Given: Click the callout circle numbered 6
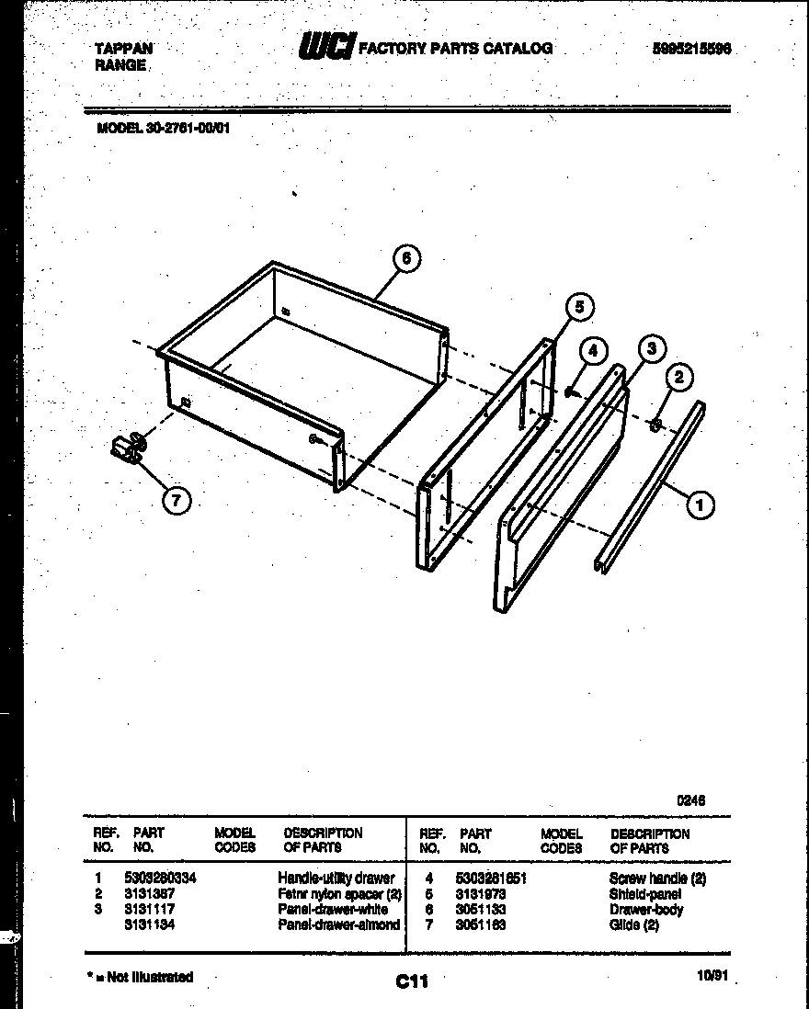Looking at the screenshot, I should (406, 260).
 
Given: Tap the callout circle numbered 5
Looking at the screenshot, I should (578, 308).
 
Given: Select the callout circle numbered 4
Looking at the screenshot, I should (593, 350).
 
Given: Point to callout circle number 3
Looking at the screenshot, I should (651, 348).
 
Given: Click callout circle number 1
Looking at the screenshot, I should (701, 503).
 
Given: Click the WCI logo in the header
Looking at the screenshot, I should (325, 48).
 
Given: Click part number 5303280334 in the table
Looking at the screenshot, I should (160, 879).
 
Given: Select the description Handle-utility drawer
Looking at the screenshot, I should (336, 879).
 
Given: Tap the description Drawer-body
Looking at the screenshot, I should (645, 909).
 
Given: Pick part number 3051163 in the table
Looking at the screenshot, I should (481, 924).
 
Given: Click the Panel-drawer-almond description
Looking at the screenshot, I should (338, 924).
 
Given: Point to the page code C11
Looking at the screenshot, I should (412, 982).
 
